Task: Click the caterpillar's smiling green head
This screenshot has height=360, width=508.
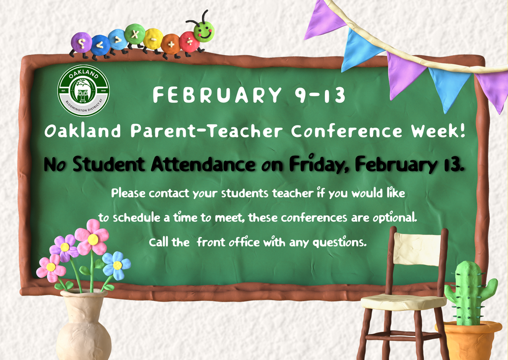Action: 203,31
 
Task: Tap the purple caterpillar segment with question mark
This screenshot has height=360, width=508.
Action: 81,43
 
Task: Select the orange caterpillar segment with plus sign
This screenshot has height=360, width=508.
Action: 171,44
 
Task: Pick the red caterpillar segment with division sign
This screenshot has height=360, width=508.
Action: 189,41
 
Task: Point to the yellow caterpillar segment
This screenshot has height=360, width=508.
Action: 153,38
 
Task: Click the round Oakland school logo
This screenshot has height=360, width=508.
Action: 83,90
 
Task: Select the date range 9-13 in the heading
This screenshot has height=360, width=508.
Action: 320,95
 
